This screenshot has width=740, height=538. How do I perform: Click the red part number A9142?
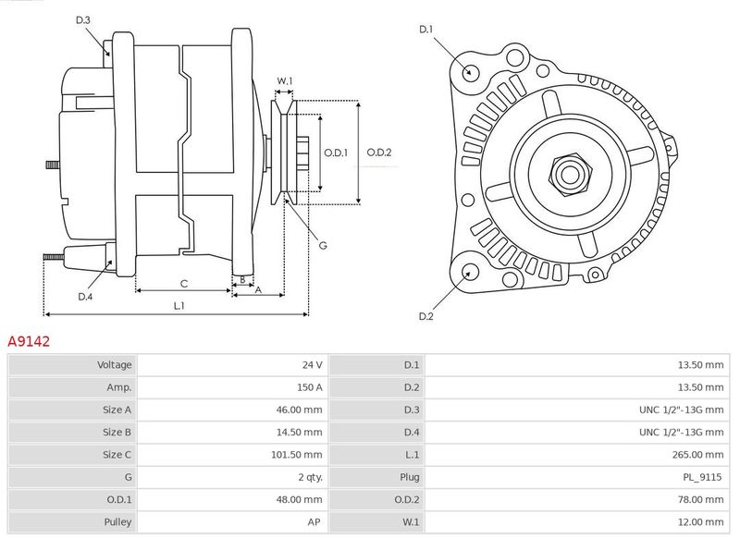[29, 341]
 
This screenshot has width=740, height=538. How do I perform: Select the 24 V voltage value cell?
[313, 364]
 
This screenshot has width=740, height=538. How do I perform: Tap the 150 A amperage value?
[310, 387]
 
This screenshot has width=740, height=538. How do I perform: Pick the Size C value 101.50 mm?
[296, 455]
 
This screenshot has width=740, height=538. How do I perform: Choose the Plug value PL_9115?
[702, 477]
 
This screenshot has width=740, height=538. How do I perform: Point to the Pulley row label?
[117, 522]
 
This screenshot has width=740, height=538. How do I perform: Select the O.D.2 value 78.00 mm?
[700, 499]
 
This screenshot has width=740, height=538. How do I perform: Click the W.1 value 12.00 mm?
[701, 522]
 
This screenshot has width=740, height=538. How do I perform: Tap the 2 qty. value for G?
[311, 477]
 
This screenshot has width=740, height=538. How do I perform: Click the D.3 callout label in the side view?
[82, 19]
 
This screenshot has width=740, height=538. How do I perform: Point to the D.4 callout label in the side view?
[85, 297]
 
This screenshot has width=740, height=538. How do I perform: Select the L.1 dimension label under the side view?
[179, 306]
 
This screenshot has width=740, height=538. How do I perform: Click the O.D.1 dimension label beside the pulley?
[336, 153]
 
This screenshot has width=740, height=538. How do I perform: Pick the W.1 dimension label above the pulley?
[284, 81]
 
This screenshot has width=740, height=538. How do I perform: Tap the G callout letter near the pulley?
[323, 245]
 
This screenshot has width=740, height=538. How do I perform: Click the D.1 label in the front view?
[425, 30]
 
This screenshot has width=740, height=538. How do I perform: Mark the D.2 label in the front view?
[425, 316]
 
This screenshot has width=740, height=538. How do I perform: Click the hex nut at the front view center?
[570, 174]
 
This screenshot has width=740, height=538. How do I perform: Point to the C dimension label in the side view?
[183, 284]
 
